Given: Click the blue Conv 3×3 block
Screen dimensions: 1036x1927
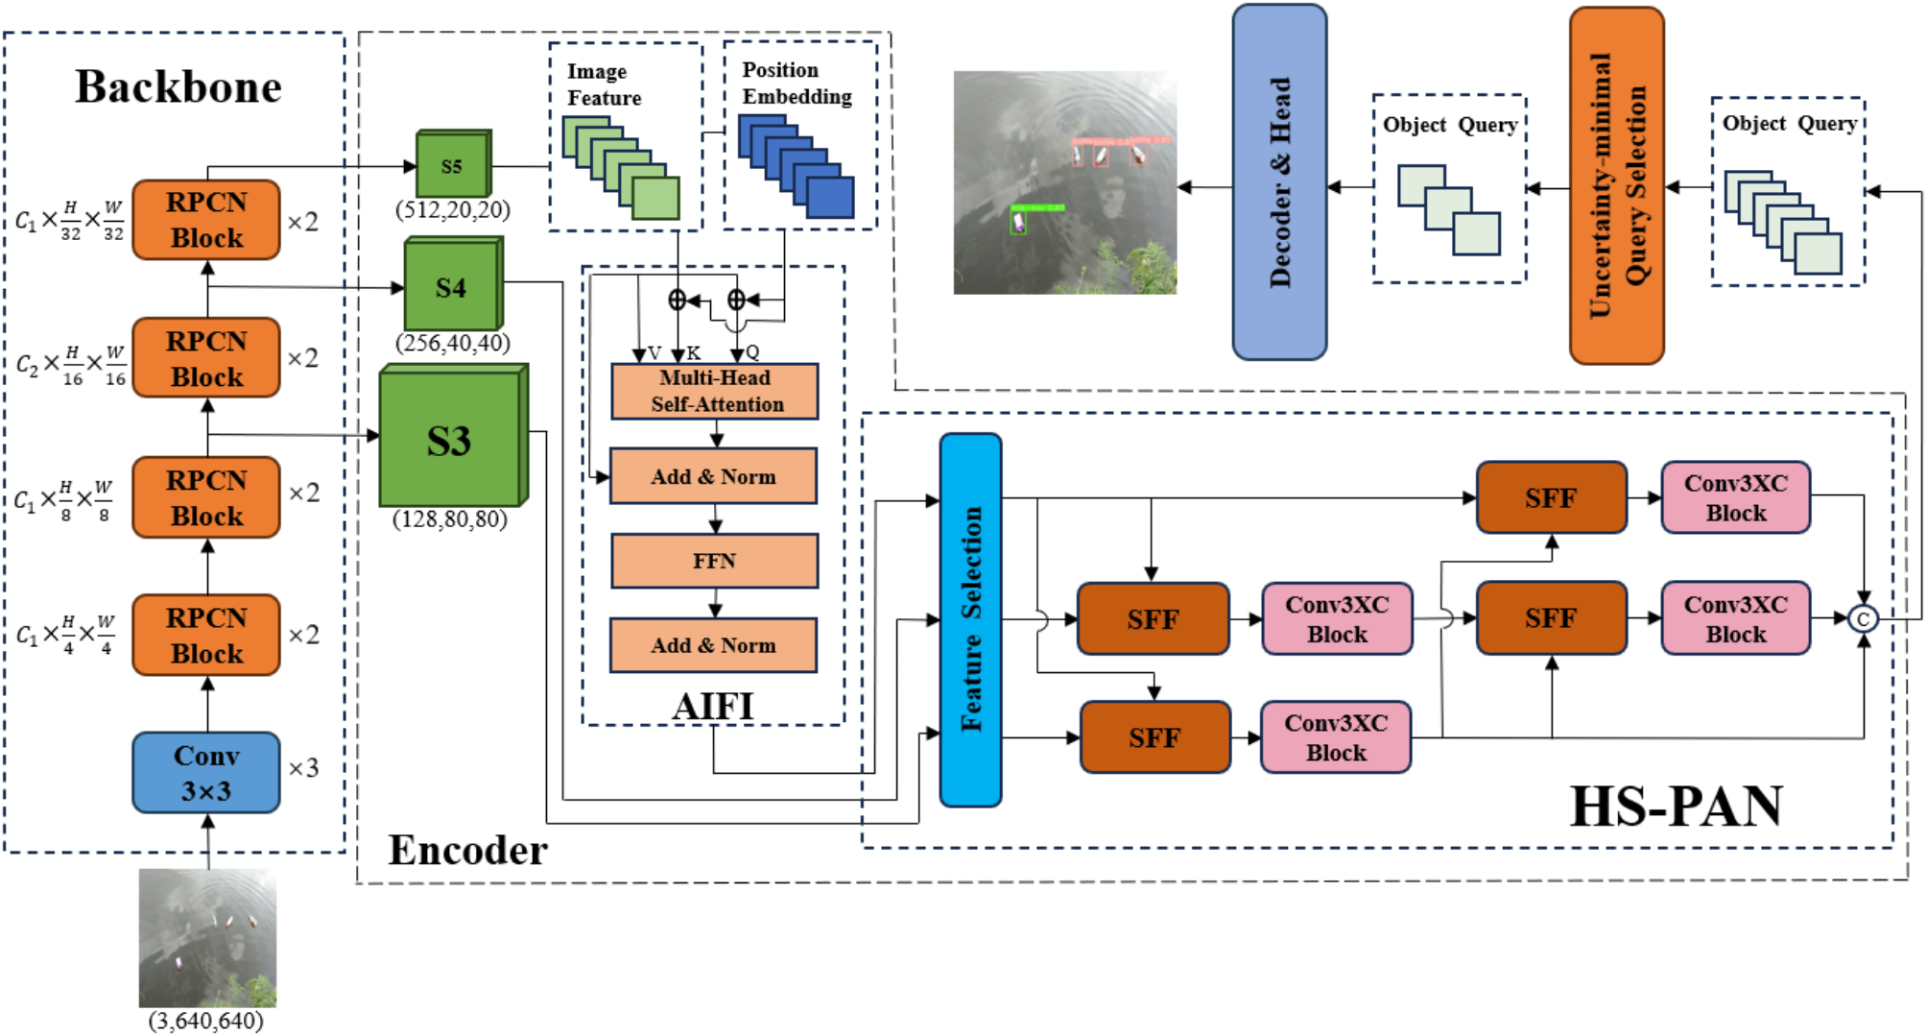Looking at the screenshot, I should (206, 773).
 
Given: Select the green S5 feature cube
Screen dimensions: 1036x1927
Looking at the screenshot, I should (452, 165).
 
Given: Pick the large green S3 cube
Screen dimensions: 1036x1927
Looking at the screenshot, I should (450, 440).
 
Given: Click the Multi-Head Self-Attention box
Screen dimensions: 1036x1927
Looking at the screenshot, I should (715, 391).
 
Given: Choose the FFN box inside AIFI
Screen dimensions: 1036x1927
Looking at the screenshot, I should (715, 561).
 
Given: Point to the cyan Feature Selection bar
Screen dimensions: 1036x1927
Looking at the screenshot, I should (970, 619).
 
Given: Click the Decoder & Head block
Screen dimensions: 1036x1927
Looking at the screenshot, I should (1279, 182).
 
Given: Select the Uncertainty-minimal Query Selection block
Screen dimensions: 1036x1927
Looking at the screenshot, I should (1616, 185).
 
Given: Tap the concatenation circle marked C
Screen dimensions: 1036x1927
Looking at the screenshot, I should (1863, 619).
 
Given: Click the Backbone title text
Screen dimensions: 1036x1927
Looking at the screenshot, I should (178, 87).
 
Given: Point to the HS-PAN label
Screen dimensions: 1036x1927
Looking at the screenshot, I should (1676, 807).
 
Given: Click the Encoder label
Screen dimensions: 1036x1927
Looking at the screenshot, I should (467, 851).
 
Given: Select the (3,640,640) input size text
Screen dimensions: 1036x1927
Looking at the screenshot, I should (205, 1021).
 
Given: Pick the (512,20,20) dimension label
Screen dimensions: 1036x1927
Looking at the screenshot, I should (453, 209).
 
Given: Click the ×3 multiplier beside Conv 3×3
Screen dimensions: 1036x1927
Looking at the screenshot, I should (303, 768).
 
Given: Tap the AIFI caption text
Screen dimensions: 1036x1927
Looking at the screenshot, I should (713, 707).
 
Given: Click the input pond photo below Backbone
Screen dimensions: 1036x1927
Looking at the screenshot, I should (207, 937).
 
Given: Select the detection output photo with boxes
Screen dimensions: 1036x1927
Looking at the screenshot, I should (1064, 182).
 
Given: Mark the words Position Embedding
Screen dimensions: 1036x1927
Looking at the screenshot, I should (797, 84).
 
